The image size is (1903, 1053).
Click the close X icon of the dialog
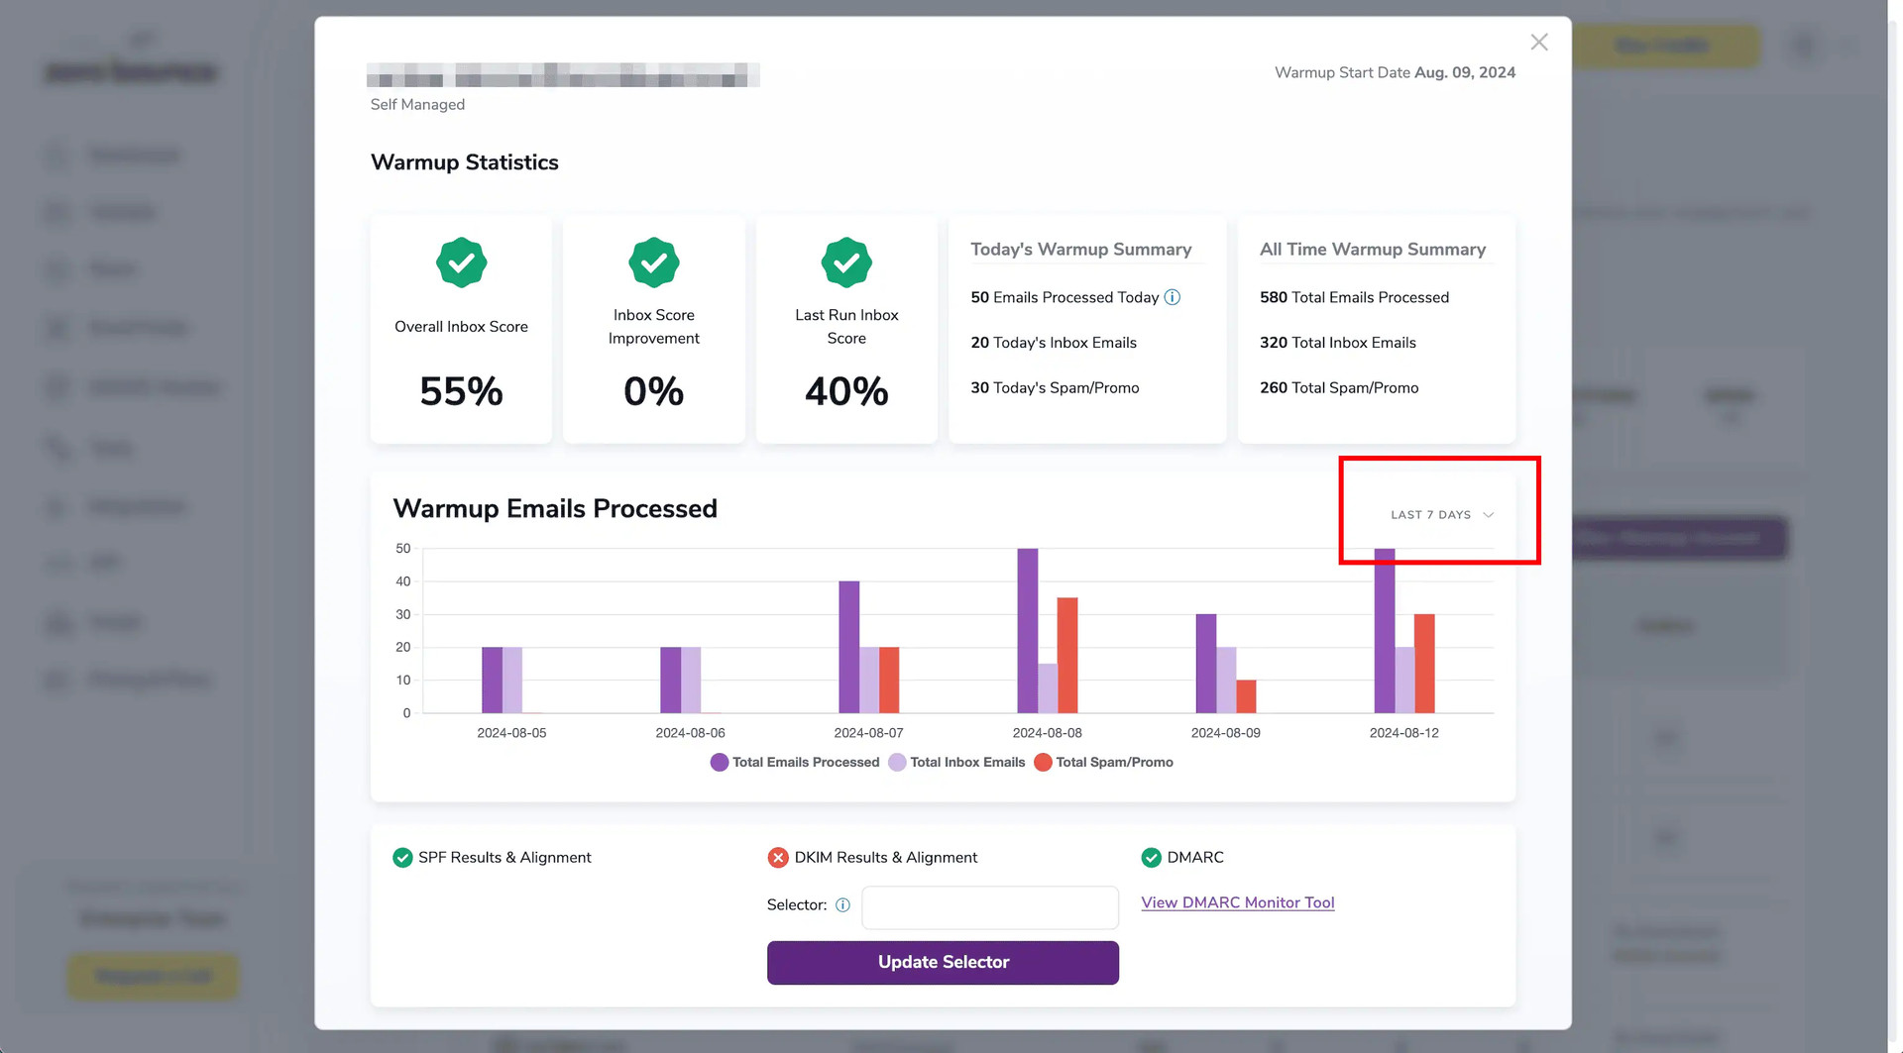click(1538, 42)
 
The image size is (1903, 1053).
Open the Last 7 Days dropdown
click(1441, 515)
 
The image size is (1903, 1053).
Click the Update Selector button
click(943, 963)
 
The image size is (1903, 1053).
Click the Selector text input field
click(989, 906)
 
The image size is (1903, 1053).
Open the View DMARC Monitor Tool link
click(1237, 902)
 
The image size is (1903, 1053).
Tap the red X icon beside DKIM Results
click(778, 858)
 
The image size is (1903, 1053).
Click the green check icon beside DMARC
click(1151, 858)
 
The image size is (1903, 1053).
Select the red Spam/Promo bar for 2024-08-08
click(1067, 655)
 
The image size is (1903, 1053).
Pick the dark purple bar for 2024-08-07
click(848, 647)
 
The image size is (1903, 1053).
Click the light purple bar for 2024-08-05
click(512, 680)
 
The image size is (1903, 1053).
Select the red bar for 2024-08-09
click(1246, 696)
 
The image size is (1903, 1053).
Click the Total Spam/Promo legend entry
click(1103, 762)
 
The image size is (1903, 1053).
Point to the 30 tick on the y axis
click(403, 614)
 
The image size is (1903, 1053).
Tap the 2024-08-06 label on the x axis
click(690, 733)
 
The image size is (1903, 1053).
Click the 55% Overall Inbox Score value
click(461, 391)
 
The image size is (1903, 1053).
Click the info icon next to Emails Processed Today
click(1173, 297)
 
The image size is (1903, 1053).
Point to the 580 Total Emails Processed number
click(1273, 297)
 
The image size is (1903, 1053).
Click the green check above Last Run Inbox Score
click(846, 263)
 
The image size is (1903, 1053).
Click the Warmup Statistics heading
click(465, 162)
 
